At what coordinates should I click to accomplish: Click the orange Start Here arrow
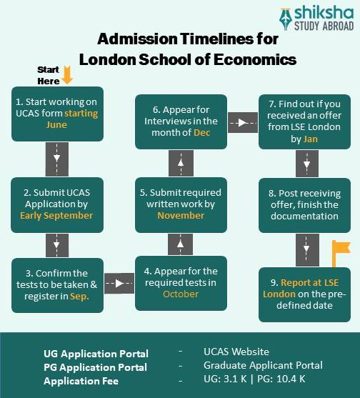[67, 74]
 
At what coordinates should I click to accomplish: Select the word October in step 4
[181, 294]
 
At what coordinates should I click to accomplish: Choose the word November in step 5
[181, 215]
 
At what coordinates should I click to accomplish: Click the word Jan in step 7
[310, 139]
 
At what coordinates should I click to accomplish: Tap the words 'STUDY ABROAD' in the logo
[324, 26]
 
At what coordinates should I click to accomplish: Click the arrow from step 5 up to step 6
[181, 163]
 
